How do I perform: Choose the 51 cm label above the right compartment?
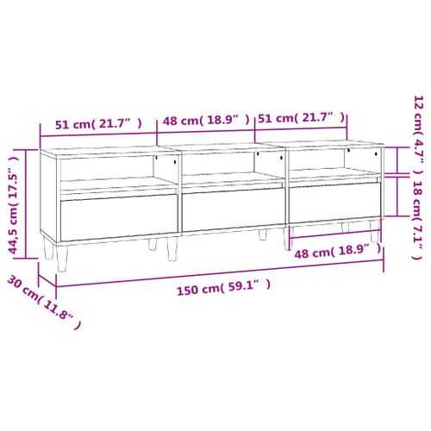302,117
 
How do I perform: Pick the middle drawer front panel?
233,209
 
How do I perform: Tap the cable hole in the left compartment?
173,161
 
